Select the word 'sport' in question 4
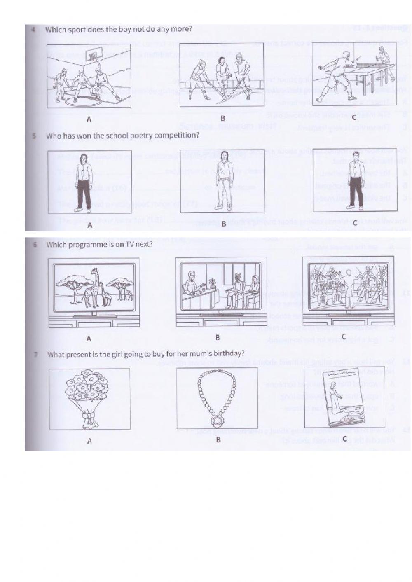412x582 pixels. point(77,30)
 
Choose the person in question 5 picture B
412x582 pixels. point(224,180)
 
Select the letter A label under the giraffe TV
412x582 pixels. point(89,339)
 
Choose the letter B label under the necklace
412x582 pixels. point(218,440)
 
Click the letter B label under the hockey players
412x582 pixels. point(222,118)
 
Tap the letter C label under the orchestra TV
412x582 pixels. point(344,337)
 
